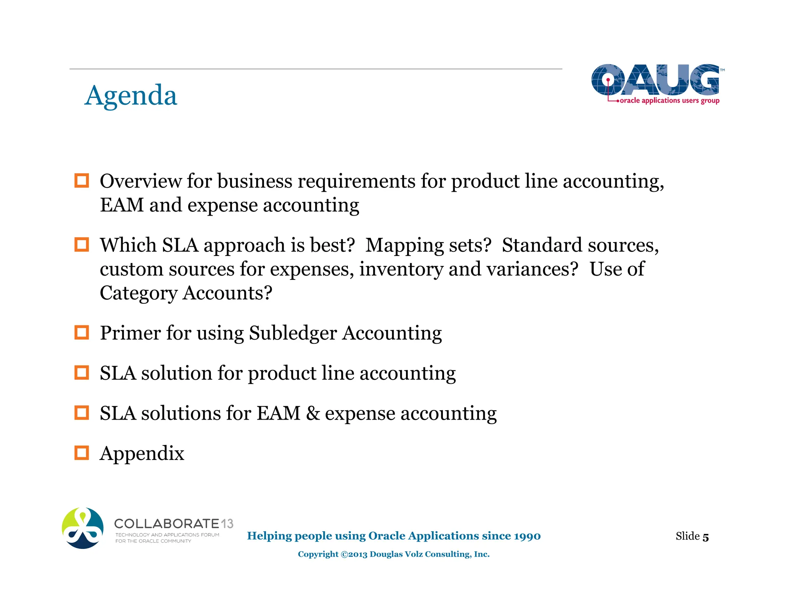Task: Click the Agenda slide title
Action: point(131,95)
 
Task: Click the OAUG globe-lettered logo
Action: point(655,80)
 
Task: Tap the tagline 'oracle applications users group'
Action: point(669,100)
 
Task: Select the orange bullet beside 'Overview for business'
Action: point(82,181)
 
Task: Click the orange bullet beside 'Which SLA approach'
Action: point(82,244)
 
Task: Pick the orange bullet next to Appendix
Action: point(82,453)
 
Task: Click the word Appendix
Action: point(142,453)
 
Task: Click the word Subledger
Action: point(293,333)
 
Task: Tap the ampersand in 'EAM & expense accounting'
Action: point(313,413)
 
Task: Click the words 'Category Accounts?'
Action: point(186,293)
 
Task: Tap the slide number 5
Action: point(705,537)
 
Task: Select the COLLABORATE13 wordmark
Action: point(174,524)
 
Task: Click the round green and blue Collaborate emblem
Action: point(83,528)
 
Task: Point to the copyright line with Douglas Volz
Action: point(394,554)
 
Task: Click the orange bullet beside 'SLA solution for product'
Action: point(82,373)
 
